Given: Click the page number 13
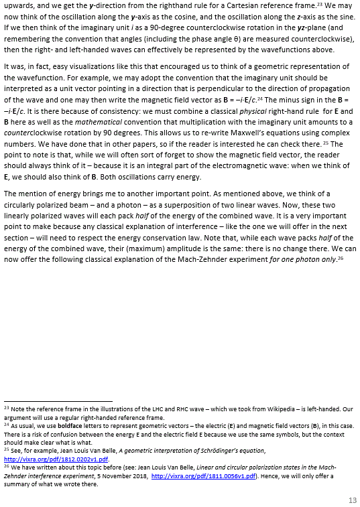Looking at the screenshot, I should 353,500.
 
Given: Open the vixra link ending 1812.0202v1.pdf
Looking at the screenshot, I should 56,459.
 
